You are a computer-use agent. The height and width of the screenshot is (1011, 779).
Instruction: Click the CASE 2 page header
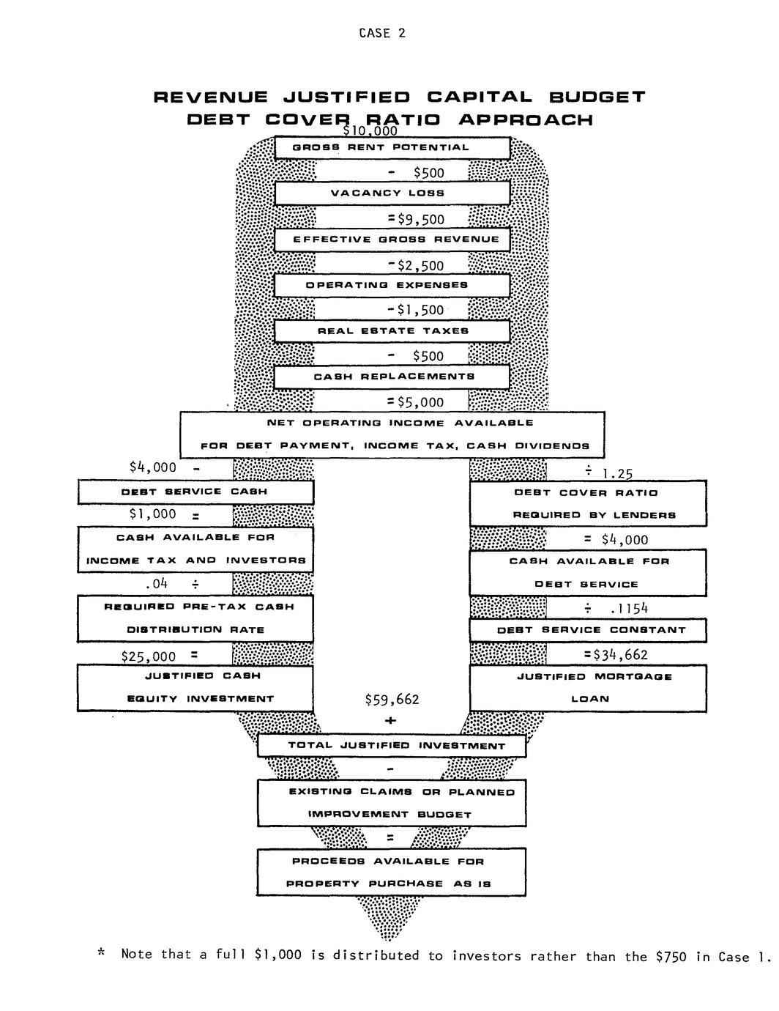(381, 33)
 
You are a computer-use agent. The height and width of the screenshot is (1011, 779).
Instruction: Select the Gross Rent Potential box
(392, 147)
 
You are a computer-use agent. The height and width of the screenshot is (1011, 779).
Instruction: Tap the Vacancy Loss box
(392, 193)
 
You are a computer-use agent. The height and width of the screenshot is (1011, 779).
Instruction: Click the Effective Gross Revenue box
(392, 240)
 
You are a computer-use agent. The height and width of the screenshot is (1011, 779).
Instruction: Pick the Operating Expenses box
(392, 285)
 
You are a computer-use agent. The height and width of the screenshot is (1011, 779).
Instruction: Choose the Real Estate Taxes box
(392, 331)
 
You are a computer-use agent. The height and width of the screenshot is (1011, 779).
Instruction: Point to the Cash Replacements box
(392, 377)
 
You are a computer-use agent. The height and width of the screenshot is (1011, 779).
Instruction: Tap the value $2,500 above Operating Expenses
(420, 265)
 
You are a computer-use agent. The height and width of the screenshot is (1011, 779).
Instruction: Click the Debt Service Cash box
(195, 492)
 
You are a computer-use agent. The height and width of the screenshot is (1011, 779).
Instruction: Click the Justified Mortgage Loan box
(588, 687)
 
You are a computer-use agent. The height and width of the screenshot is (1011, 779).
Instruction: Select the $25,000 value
(149, 656)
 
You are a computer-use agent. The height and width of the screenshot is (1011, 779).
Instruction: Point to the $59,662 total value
(392, 700)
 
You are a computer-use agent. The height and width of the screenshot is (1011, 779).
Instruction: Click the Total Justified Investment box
(392, 746)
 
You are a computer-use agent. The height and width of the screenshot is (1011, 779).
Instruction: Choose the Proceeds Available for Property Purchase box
(392, 872)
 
